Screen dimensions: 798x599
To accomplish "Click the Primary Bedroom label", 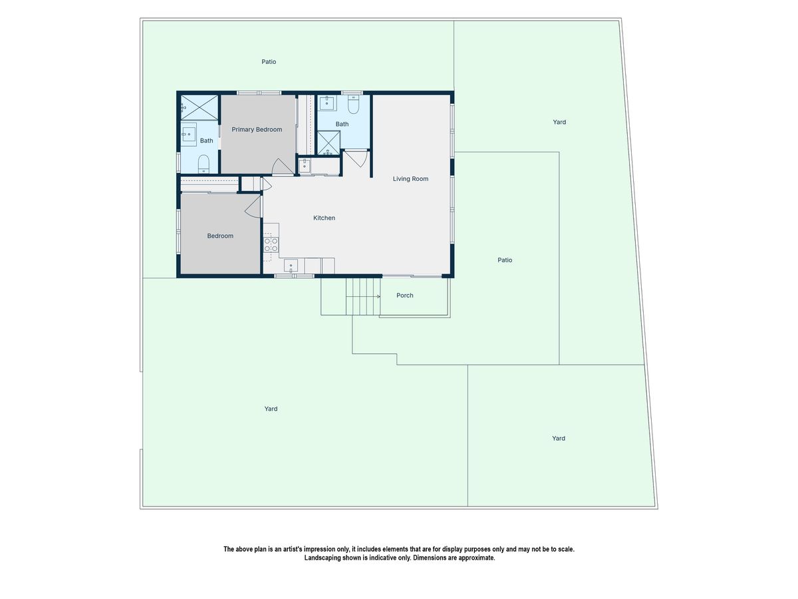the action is (x=257, y=130).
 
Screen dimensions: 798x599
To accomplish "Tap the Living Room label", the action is (x=410, y=178).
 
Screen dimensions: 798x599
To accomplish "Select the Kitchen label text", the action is (x=324, y=218).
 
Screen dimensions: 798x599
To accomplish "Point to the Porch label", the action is (x=404, y=296).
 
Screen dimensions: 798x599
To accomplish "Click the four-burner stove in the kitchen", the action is (x=271, y=244).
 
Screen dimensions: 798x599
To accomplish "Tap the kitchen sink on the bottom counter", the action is (x=291, y=266).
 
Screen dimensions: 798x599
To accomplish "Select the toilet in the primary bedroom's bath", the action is (x=203, y=164).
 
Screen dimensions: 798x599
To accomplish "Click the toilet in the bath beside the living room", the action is (x=353, y=104).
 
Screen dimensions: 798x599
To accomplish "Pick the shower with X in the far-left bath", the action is (x=199, y=108).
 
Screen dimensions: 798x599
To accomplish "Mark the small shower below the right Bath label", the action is (x=329, y=143).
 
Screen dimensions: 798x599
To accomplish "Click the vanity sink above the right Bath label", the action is (x=328, y=103).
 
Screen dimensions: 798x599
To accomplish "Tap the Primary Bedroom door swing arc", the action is (x=283, y=166).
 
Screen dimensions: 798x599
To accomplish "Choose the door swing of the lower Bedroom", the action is (x=253, y=207).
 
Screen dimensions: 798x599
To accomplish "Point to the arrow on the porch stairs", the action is (x=363, y=296).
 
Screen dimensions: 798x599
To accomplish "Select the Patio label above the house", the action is (x=269, y=62).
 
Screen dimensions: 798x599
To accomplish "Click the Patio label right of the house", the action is (x=505, y=260).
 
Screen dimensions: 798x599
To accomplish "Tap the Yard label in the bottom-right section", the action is (x=559, y=438).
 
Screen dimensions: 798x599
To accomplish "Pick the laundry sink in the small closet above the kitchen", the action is (x=305, y=166).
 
